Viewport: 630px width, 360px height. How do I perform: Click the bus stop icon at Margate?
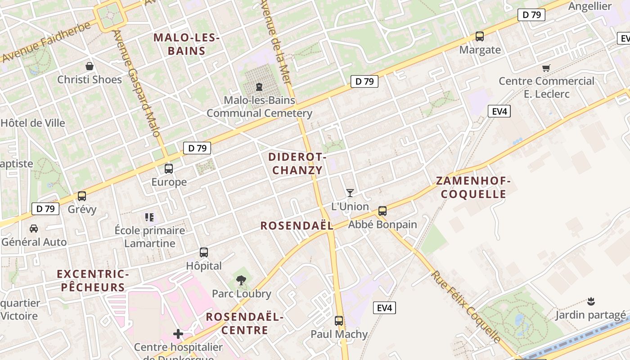pyautogui.click(x=480, y=36)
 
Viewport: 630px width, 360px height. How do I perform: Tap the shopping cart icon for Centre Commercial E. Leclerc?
pyautogui.click(x=546, y=68)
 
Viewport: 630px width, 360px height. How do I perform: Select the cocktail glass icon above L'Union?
pyautogui.click(x=350, y=193)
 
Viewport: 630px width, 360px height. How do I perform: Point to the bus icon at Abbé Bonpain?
pyautogui.click(x=382, y=211)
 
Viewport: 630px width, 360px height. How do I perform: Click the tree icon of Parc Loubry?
pyautogui.click(x=241, y=280)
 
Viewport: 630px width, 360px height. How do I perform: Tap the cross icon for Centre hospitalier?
pyautogui.click(x=178, y=334)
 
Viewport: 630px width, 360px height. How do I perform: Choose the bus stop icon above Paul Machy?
pyautogui.click(x=339, y=321)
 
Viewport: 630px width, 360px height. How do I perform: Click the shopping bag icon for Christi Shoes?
pyautogui.click(x=90, y=66)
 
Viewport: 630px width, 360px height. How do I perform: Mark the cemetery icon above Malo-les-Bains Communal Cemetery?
pyautogui.click(x=259, y=86)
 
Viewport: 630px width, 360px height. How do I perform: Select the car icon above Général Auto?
pyautogui.click(x=34, y=229)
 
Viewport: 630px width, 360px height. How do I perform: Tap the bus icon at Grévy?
pyautogui.click(x=82, y=196)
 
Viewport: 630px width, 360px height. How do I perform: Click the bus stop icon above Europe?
pyautogui.click(x=169, y=169)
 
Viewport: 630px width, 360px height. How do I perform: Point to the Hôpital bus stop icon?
pyautogui.click(x=204, y=252)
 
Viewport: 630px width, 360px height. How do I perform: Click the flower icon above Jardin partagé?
pyautogui.click(x=591, y=301)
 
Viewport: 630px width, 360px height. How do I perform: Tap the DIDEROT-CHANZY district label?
pyautogui.click(x=297, y=163)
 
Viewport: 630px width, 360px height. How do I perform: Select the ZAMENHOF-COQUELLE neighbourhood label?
pyautogui.click(x=473, y=188)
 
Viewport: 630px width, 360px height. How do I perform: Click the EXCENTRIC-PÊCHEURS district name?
pyautogui.click(x=93, y=280)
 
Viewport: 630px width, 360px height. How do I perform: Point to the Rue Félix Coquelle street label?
pyautogui.click(x=466, y=307)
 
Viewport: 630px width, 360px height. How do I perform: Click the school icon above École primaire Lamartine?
pyautogui.click(x=150, y=217)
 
